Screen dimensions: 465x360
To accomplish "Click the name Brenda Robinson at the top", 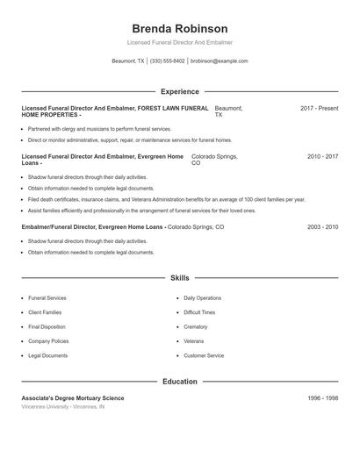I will (179, 28).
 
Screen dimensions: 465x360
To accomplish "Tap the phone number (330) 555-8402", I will (168, 61).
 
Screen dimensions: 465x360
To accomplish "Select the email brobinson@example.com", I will (219, 61).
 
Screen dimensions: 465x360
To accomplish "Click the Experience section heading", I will (179, 91).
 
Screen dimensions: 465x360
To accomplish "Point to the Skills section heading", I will (179, 278).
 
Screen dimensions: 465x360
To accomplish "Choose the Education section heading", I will (179, 382).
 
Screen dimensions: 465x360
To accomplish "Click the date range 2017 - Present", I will (319, 108).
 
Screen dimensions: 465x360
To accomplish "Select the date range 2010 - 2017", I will (322, 156).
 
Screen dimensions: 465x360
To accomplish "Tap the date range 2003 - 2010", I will (322, 226).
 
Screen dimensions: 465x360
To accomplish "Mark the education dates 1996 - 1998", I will (322, 398).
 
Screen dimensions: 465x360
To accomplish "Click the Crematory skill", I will (196, 326).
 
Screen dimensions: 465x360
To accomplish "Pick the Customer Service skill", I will (204, 355).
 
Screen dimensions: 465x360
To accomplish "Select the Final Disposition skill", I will (47, 326).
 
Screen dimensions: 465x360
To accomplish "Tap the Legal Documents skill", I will (47, 355).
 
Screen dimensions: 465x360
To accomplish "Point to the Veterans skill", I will (194, 340).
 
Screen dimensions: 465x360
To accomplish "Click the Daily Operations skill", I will (203, 298).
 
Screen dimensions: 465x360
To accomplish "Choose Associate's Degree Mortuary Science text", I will (73, 398).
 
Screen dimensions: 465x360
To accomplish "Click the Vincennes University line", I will (63, 407).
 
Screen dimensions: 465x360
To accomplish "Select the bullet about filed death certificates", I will (167, 199).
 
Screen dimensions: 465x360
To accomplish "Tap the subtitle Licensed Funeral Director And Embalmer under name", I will (179, 42).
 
